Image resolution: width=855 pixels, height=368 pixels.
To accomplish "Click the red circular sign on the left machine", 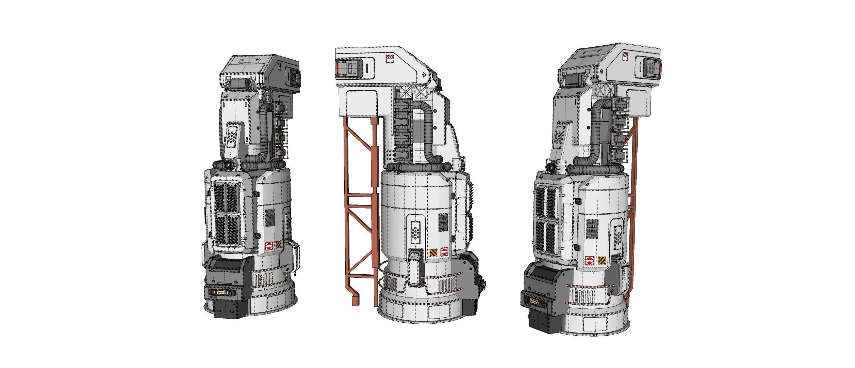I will [269, 246].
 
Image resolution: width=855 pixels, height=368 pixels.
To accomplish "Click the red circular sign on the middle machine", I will [444, 252].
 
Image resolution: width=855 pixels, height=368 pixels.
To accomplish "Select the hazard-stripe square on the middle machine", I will [433, 253].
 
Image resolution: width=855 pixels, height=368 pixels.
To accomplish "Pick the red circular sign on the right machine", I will [589, 261].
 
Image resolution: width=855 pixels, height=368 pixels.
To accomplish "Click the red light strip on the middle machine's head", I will [338, 70].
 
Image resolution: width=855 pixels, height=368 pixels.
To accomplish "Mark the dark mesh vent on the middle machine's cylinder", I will [443, 222].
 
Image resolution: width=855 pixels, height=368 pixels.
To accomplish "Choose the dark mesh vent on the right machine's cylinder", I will [593, 229].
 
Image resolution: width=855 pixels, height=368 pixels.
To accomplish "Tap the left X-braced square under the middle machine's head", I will [406, 92].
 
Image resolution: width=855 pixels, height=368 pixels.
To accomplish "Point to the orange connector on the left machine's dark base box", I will [221, 292].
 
